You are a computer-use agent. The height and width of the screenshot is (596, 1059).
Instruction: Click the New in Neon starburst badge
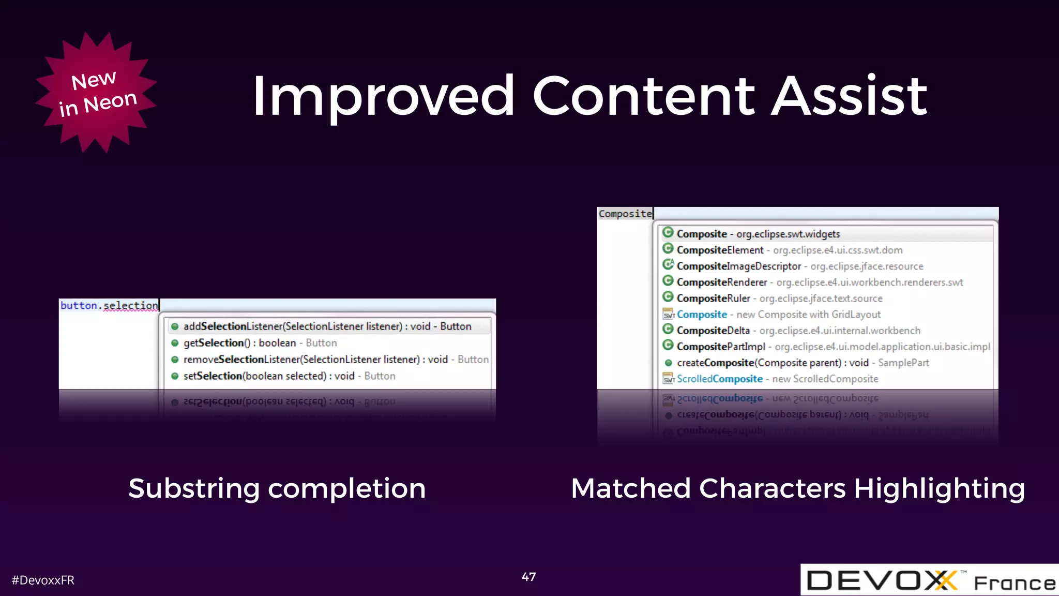96,93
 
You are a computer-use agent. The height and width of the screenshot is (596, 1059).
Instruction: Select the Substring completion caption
277,488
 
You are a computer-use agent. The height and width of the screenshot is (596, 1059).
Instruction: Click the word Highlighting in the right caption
939,488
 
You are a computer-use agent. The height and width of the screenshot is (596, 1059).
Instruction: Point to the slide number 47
528,577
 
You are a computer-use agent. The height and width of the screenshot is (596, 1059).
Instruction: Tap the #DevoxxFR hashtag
43,580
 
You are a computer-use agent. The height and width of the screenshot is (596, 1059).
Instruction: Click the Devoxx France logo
929,580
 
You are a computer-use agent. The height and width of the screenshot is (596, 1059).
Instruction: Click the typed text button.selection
109,305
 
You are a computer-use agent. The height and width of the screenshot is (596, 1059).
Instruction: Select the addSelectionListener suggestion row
327,326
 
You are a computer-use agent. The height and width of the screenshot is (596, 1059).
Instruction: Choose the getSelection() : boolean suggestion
260,343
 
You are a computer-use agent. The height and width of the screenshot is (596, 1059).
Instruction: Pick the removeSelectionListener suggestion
335,360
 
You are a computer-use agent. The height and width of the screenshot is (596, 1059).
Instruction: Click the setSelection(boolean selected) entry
289,376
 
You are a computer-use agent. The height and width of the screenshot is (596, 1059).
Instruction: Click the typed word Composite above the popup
625,214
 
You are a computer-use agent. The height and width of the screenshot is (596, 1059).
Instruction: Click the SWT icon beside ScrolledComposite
668,379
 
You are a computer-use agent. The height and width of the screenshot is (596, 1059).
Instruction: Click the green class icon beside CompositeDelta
668,330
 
